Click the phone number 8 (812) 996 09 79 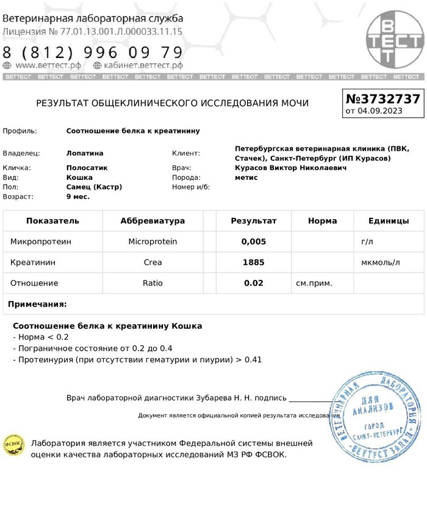(93, 52)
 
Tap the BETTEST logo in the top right (394, 41)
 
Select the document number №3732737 (382, 99)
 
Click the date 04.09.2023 (380, 111)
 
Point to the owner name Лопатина (85, 153)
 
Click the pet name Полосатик (87, 168)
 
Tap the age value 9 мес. (78, 197)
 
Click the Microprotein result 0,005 (254, 242)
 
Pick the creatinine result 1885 (254, 262)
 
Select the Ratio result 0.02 (254, 283)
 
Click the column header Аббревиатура (152, 221)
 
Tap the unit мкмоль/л (381, 262)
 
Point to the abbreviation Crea (152, 262)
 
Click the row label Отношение (34, 283)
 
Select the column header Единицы (389, 221)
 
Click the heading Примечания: (37, 304)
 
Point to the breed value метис (246, 177)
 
